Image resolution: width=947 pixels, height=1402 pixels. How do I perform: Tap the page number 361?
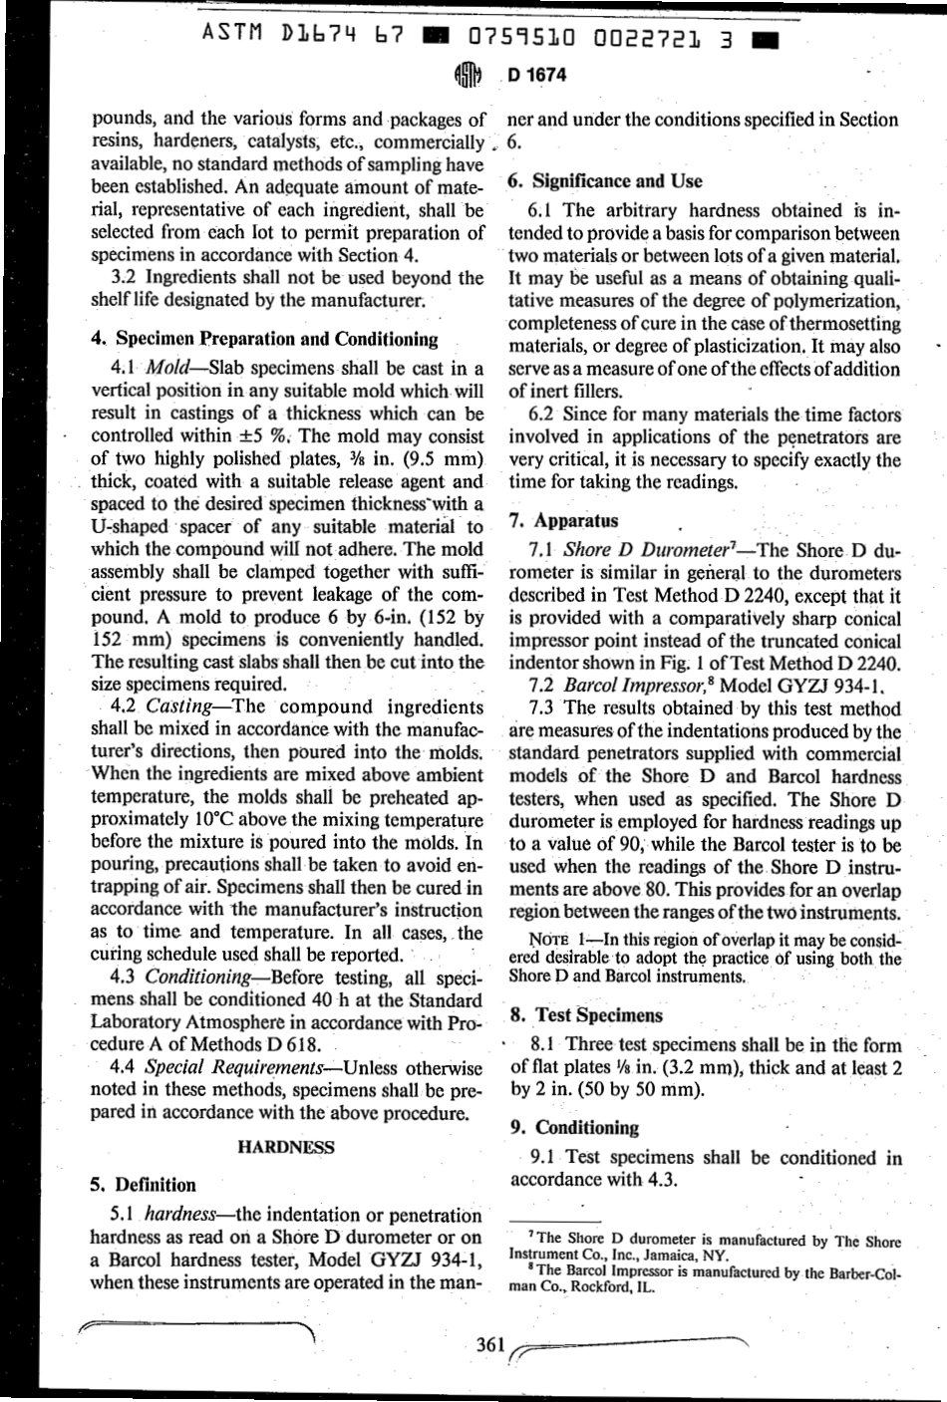491,1344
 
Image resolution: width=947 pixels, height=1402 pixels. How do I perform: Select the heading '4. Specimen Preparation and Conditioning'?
264,339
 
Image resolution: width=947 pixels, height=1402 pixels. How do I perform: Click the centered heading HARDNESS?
287,1147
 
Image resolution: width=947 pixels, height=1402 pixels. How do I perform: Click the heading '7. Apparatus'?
563,520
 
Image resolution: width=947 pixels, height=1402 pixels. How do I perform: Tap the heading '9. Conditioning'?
573,1127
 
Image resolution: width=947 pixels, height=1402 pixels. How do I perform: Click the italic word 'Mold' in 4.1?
168,369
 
